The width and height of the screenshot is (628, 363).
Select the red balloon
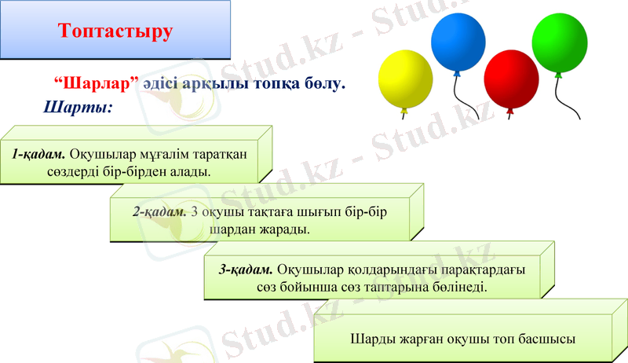click(x=510, y=79)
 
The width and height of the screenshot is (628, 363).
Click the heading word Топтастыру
click(x=115, y=31)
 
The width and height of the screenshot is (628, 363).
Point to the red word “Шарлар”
click(x=97, y=83)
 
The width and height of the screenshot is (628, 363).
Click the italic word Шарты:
click(x=78, y=105)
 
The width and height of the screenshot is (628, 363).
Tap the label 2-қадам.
click(x=159, y=212)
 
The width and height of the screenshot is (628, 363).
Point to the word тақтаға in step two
click(x=282, y=212)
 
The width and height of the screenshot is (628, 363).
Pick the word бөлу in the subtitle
click(x=327, y=83)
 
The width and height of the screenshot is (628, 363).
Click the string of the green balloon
click(x=558, y=98)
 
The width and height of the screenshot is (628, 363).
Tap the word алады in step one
click(x=192, y=170)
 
